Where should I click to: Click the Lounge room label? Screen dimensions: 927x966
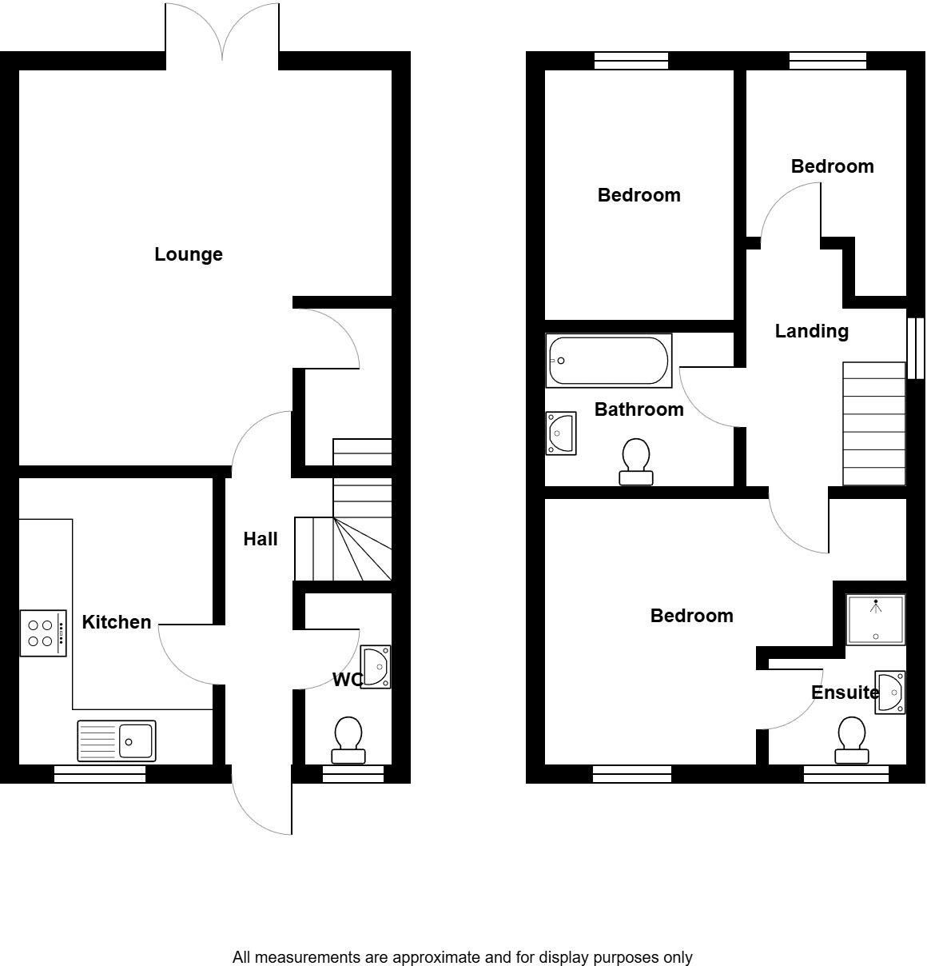click(189, 254)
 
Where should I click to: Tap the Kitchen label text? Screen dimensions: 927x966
click(117, 622)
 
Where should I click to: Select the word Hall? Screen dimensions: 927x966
click(261, 539)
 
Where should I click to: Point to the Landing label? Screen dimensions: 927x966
click(812, 331)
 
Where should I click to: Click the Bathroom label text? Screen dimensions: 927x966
click(639, 409)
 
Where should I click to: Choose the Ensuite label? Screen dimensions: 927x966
click(845, 693)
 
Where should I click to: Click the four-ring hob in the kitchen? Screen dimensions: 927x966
click(43, 633)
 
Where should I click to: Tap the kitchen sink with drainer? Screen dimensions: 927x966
click(117, 741)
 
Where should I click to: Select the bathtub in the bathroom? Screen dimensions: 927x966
click(609, 361)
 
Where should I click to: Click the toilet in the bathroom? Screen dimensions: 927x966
click(636, 461)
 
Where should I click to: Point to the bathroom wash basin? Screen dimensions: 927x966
click(561, 433)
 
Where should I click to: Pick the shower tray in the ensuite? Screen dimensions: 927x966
click(876, 620)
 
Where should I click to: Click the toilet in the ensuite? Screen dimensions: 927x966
click(852, 740)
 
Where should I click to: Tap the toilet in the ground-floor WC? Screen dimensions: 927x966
click(348, 740)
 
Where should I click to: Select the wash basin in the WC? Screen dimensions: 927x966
click(376, 667)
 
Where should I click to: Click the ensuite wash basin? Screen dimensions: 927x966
click(890, 693)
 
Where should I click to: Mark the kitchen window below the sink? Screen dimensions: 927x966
click(100, 774)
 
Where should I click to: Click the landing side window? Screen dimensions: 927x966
click(916, 348)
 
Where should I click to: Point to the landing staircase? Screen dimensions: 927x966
click(874, 424)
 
